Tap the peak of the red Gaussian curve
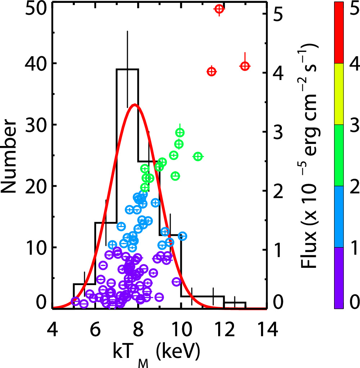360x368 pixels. click(x=135, y=105)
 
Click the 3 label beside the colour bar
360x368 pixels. click(x=355, y=125)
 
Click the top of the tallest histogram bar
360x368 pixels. click(x=127, y=69)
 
